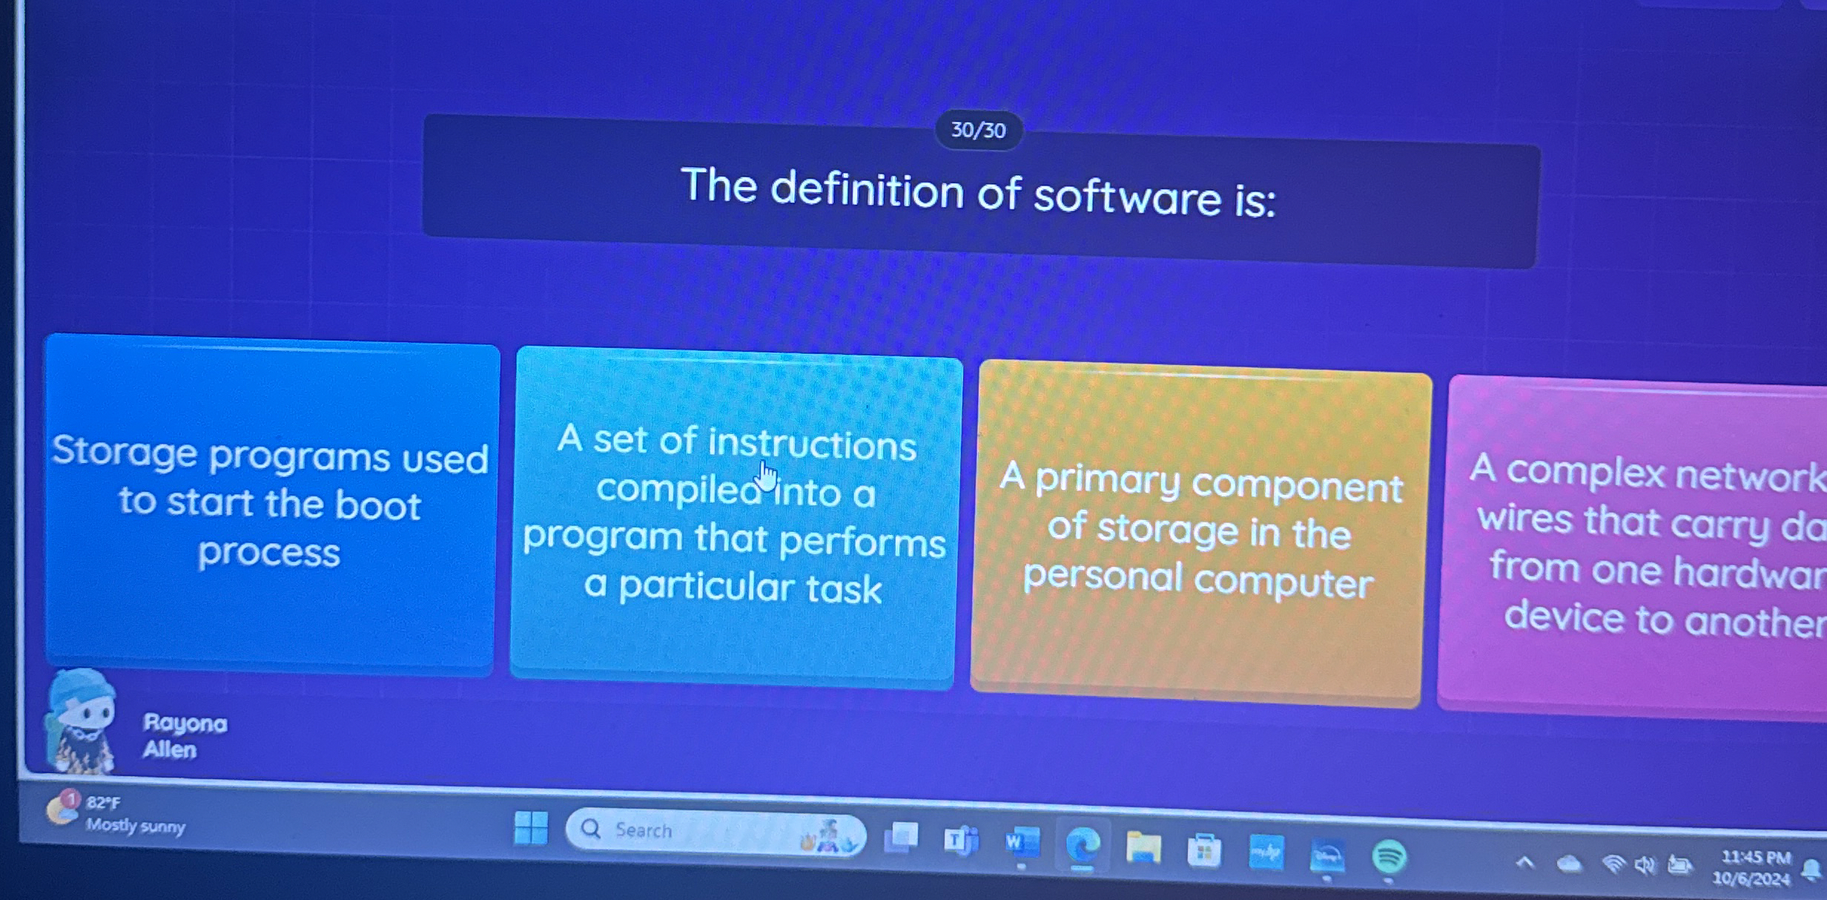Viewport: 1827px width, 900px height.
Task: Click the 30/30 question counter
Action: [x=978, y=131]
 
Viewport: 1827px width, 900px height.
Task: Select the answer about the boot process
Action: [x=270, y=505]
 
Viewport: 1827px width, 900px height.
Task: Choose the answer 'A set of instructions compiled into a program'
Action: [x=734, y=516]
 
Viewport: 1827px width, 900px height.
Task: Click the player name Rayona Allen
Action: [x=184, y=736]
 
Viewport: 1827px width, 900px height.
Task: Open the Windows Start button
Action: [x=531, y=827]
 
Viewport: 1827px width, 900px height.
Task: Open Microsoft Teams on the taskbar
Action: [x=961, y=841]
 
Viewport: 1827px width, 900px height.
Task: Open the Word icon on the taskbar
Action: [x=1022, y=843]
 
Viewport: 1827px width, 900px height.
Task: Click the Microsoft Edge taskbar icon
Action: [x=1083, y=845]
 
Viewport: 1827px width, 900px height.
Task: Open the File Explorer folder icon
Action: [x=1143, y=847]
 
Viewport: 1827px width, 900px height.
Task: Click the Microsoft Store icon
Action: [x=1204, y=850]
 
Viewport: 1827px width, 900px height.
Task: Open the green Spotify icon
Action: [x=1389, y=857]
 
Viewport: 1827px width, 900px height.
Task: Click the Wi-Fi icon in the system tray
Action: [x=1613, y=864]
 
